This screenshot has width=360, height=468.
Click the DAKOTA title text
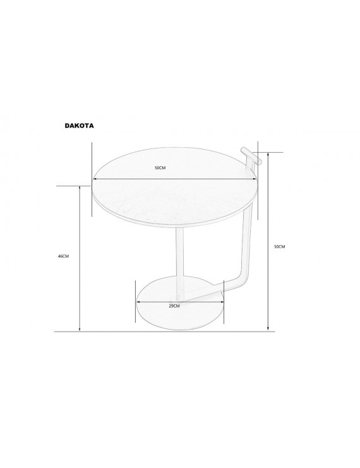point(79,126)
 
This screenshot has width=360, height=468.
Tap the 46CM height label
point(63,256)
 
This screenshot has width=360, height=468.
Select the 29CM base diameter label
point(174,306)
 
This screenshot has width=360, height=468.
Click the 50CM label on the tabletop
point(160,168)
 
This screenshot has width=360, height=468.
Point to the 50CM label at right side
point(279,246)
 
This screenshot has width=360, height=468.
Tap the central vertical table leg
point(180,263)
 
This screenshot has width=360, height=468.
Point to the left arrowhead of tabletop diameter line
point(93,179)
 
